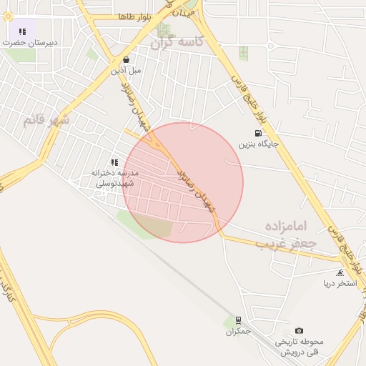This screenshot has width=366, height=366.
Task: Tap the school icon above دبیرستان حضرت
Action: pos(22,31)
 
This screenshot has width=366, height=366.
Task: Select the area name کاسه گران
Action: pos(177,42)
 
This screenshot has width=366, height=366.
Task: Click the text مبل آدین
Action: pos(127,71)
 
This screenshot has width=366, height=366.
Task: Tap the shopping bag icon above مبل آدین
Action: pos(127,60)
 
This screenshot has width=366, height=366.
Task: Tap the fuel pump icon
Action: pos(257,133)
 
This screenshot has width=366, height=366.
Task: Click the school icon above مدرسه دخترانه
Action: pos(114,162)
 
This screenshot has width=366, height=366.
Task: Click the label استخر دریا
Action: pos(340,284)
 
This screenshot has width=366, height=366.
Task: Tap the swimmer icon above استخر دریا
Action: pos(340,273)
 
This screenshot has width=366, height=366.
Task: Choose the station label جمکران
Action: pos(239,331)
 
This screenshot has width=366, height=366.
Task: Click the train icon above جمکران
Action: pos(238,320)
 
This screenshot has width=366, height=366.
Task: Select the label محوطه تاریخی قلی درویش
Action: pos(299,347)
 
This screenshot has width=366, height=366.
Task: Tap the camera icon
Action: pos(299,330)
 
